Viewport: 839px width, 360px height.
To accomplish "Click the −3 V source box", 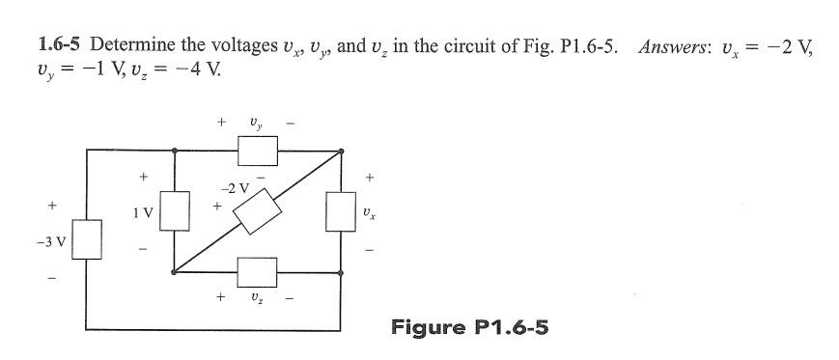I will point(88,239).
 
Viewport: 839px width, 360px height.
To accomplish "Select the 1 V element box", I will point(174,211).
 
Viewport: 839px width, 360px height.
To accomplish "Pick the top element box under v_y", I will point(257,150).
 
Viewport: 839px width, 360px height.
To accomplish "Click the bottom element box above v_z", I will point(257,271).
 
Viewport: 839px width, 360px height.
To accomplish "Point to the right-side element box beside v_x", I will point(340,211).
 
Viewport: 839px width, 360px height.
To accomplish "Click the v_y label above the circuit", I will point(255,124).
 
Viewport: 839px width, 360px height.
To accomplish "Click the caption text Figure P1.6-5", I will point(469,326).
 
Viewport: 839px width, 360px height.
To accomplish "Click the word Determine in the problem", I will point(126,44).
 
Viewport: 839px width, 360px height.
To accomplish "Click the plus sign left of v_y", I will point(222,123).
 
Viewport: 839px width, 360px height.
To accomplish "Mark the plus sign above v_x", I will point(369,178).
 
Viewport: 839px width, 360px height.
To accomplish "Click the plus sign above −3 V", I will point(53,206).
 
